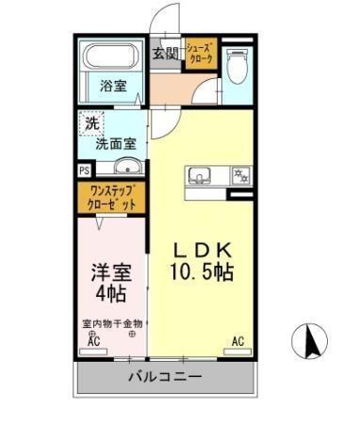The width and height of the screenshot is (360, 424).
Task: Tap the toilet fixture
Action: click(x=237, y=63)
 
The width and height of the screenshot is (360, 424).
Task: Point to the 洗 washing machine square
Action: click(x=91, y=123)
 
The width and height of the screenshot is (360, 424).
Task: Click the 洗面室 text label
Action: click(x=114, y=144)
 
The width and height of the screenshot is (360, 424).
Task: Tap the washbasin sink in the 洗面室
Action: click(x=125, y=169)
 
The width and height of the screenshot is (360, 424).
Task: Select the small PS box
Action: click(x=85, y=171)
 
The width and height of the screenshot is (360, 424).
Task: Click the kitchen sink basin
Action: click(x=202, y=175)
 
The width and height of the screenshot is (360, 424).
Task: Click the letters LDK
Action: click(x=202, y=251)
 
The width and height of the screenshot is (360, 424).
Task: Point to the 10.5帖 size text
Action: click(x=202, y=272)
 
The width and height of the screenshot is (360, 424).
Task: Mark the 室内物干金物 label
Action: click(x=111, y=324)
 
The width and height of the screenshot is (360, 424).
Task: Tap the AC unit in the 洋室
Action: click(x=94, y=343)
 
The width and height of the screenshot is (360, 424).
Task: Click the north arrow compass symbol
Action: click(x=311, y=342)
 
